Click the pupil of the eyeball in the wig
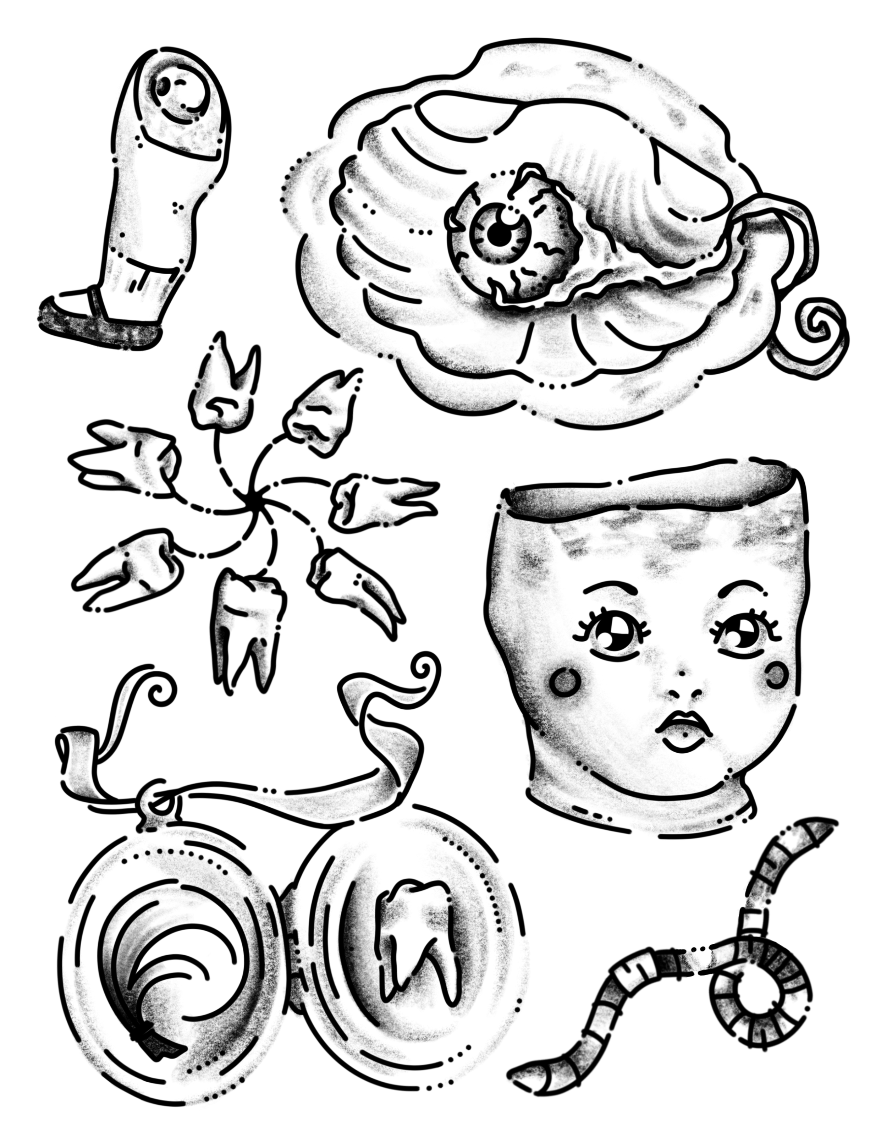pos(498,236)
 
